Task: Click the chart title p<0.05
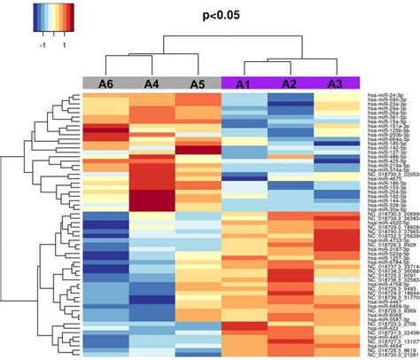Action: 210,15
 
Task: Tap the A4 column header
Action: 152,84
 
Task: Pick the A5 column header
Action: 198,84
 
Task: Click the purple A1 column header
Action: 244,84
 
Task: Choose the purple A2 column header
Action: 290,84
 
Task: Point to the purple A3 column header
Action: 336,84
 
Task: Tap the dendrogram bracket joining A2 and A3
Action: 313,64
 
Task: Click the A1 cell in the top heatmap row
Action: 244,93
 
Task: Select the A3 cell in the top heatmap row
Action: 336,93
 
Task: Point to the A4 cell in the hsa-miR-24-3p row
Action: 152,93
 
